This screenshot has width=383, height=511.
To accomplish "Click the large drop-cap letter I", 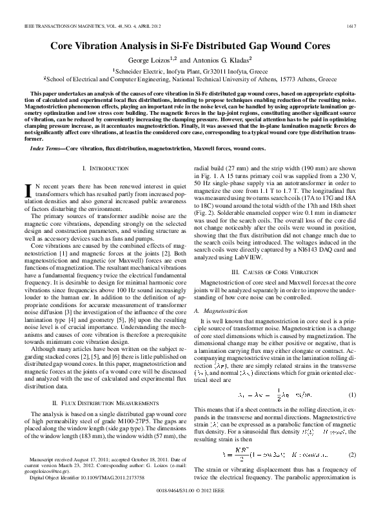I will [27, 189].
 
